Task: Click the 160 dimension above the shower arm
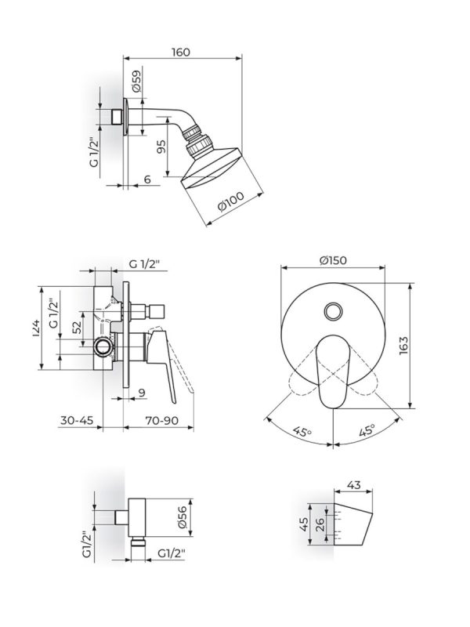[x=181, y=52]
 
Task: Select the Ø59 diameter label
[x=136, y=82]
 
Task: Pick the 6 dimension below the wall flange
[x=147, y=180]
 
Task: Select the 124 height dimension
[x=36, y=329]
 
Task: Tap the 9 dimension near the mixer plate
[x=141, y=392]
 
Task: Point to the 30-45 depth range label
[x=76, y=421]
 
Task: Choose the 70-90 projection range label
[x=161, y=421]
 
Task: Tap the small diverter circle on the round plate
[x=334, y=311]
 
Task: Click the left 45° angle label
[x=299, y=429]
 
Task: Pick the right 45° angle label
[x=367, y=429]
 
